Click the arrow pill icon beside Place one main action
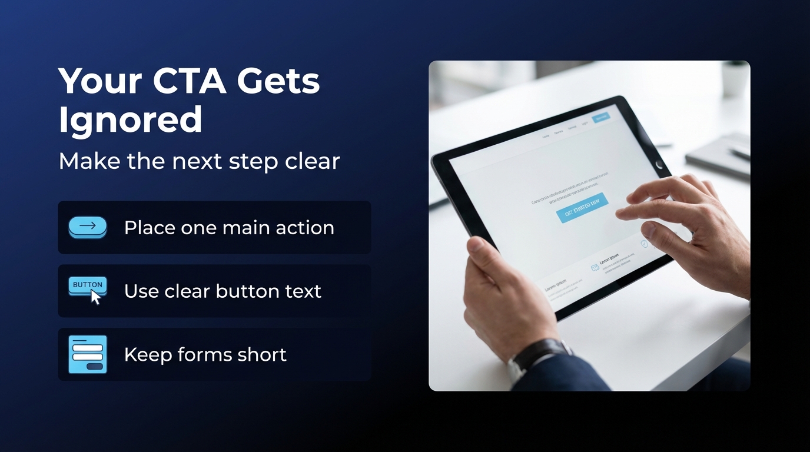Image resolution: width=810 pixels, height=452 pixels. click(88, 227)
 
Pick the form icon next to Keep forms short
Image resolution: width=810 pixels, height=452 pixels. click(88, 354)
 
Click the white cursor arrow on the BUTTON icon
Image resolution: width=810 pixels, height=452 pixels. click(95, 297)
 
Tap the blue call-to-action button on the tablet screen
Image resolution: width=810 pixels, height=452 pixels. click(582, 207)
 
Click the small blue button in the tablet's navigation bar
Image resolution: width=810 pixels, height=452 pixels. click(600, 117)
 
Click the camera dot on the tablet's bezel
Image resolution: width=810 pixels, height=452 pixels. click(659, 164)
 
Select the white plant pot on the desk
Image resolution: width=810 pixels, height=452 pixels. click(735, 79)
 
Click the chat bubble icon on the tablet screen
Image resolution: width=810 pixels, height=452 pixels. click(595, 267)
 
